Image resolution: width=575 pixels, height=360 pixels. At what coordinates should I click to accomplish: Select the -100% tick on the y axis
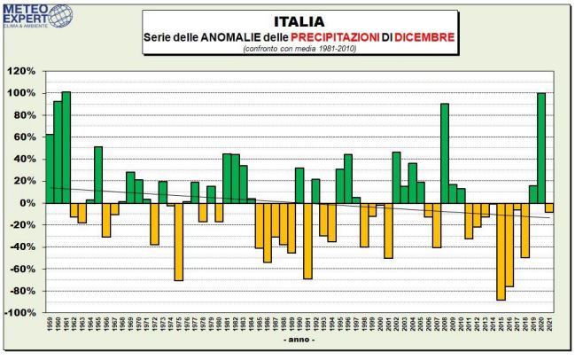coord(19,313)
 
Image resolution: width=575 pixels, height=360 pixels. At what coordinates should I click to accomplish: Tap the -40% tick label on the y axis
coord(22,247)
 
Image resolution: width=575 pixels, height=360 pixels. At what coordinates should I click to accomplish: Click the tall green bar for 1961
coord(66,147)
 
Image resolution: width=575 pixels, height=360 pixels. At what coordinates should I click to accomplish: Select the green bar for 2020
coord(540,147)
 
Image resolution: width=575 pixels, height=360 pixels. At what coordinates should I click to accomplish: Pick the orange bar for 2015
coord(501,251)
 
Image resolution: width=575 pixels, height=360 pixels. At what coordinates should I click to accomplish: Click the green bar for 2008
coord(444,153)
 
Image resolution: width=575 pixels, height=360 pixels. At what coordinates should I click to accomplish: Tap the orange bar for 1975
coord(178,241)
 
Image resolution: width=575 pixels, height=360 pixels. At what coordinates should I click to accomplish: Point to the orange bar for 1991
coord(307,240)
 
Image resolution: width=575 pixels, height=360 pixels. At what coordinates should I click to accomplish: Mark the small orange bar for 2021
coord(548,207)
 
